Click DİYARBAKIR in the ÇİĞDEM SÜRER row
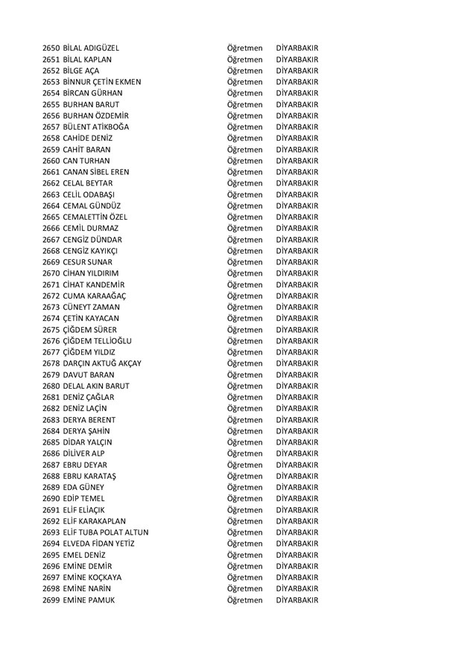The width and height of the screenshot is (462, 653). coord(297,329)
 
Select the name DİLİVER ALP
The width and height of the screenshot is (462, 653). coord(84,453)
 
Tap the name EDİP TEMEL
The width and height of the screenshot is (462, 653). coord(83,498)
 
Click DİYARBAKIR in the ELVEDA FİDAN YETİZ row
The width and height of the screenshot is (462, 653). coord(297,543)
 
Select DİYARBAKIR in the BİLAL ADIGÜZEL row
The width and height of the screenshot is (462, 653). coord(297,48)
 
